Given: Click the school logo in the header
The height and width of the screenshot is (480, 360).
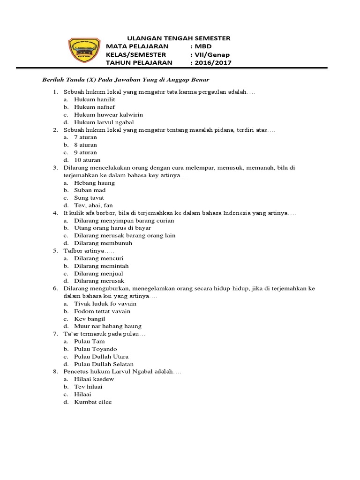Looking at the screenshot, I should pos(84,51).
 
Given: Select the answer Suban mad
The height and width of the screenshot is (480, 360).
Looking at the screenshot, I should pos(90,190).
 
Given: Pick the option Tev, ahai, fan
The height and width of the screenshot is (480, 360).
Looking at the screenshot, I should pos(93,205).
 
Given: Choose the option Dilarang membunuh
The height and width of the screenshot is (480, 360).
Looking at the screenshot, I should pos(103,243).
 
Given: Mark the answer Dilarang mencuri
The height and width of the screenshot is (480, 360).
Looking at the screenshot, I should pos(98,258).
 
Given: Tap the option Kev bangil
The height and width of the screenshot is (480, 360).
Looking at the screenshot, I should pos(90,319).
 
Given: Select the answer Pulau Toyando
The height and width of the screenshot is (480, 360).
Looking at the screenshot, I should pos(96,349).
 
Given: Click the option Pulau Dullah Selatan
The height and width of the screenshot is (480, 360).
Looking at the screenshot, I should pos(104,364).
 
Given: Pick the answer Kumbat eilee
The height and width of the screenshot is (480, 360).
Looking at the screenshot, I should pos(93,402).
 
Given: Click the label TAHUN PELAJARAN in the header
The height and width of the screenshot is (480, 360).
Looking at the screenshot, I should pos(139,63).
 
